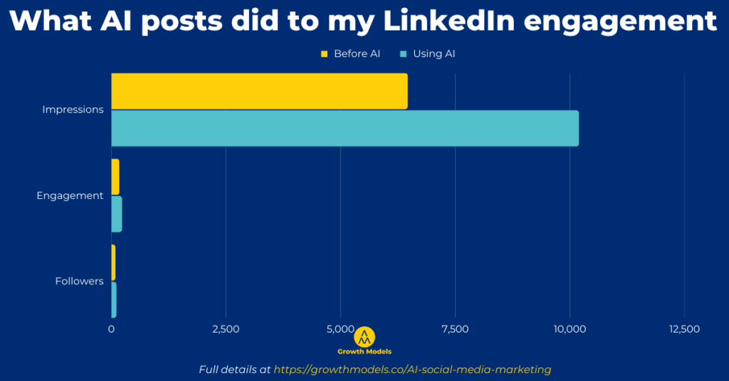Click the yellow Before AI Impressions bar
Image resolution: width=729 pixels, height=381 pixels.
[x=259, y=92]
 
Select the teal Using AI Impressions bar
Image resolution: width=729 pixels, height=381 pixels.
[x=345, y=129]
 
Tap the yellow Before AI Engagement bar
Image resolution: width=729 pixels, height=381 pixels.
[x=115, y=177]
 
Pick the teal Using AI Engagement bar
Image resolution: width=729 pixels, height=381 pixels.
[x=117, y=214]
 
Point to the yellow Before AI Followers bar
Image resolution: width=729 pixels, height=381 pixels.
[x=113, y=262]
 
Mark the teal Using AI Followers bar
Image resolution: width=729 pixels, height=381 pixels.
[x=114, y=299]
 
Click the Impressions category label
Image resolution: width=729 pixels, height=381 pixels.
[x=73, y=109]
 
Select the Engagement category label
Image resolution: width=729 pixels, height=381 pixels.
[x=70, y=195]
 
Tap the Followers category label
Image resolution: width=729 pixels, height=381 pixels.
[x=79, y=281]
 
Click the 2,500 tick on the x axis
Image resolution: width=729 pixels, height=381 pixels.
[x=226, y=329]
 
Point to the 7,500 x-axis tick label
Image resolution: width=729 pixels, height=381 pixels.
[x=455, y=329]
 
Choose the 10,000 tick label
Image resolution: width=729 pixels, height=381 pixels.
[x=570, y=329]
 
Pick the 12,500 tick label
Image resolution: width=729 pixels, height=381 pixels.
[x=684, y=329]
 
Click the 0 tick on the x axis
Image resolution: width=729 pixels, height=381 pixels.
[x=111, y=329]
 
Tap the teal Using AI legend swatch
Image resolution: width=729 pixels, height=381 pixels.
[x=404, y=54]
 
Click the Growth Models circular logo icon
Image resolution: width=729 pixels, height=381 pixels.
[x=364, y=336]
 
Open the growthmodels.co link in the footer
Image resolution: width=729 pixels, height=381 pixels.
[x=412, y=370]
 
